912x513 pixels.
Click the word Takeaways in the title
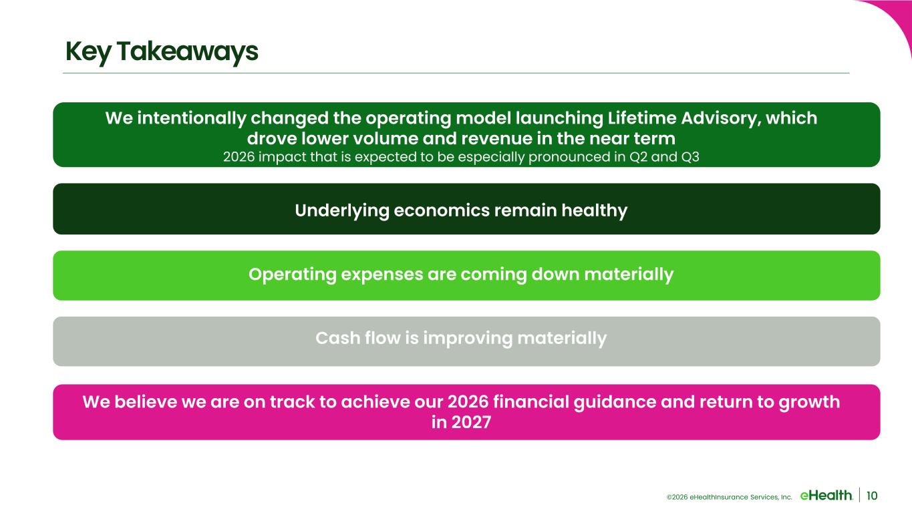187,51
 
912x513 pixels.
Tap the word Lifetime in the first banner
641,118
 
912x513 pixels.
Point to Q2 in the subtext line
638,157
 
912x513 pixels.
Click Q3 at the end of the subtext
690,157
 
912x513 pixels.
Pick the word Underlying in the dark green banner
341,211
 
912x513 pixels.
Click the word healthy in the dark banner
594,211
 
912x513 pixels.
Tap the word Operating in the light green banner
293,275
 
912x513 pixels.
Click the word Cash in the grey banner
337,339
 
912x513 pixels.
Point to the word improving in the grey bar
468,339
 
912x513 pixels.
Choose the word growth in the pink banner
809,403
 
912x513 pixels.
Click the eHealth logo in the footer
826,496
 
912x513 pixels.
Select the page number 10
872,496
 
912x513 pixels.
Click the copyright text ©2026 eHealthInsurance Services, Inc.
729,497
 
